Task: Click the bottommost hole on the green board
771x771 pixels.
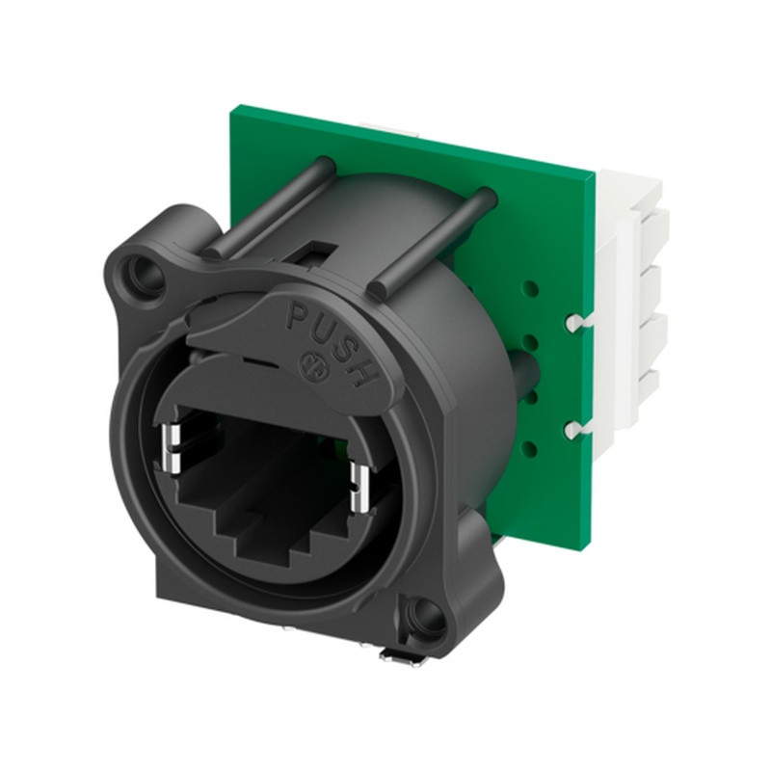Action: coord(531,446)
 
